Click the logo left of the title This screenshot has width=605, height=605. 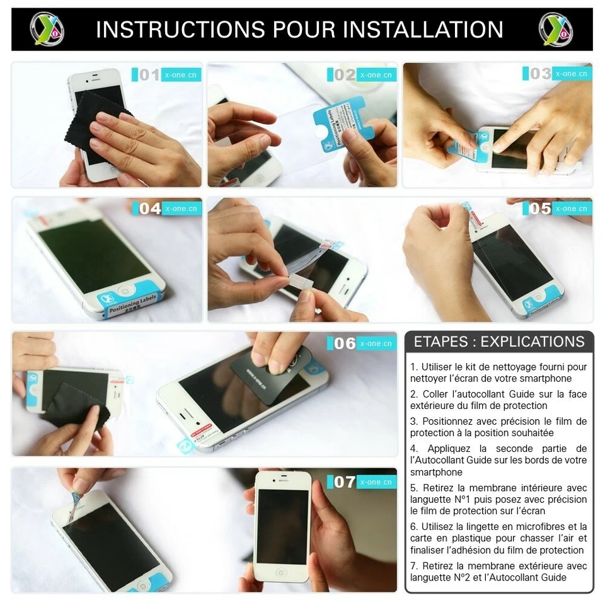tap(47, 29)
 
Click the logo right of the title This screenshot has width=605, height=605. tap(556, 29)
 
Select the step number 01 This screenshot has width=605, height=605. tap(149, 75)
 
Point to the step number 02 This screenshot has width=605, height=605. tap(345, 75)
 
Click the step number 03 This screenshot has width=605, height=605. tap(540, 74)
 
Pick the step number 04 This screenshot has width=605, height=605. tap(150, 209)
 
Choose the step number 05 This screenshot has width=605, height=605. tap(540, 209)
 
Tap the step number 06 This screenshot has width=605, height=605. tap(345, 343)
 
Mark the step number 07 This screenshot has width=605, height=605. tap(345, 482)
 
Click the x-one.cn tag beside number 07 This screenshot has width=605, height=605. tap(376, 482)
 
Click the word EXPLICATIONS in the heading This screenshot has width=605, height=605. tap(533, 342)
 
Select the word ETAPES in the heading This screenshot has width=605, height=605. tap(441, 342)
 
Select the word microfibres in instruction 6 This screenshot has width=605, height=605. tap(540, 526)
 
